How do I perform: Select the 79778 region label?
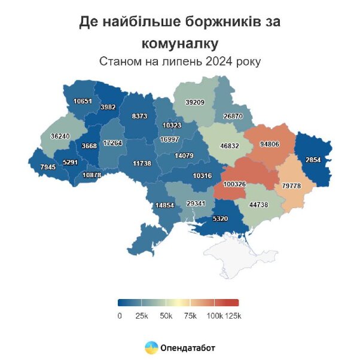point(291,186)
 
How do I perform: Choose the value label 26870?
point(233,116)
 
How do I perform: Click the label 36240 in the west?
point(60,136)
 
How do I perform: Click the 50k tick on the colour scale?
point(166,315)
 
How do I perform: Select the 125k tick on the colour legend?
point(233,315)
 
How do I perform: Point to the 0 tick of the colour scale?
point(120,315)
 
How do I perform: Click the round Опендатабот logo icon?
point(151,347)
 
